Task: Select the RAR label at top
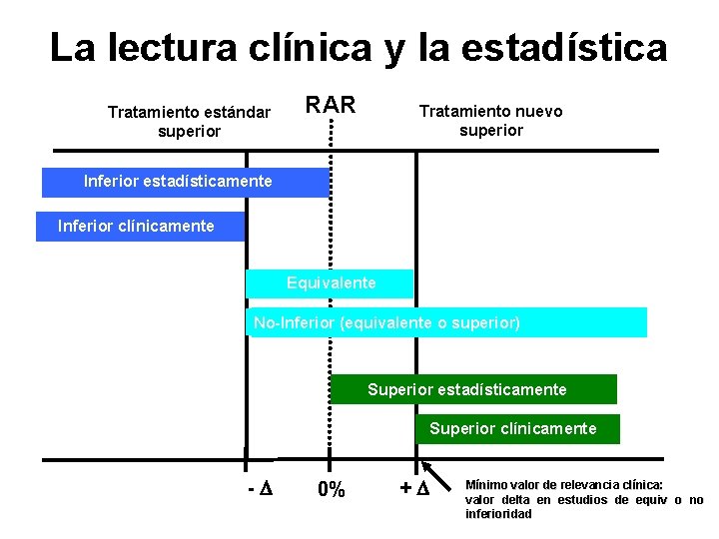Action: click(x=330, y=104)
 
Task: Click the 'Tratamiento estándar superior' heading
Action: click(x=189, y=122)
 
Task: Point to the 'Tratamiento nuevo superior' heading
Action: click(x=490, y=121)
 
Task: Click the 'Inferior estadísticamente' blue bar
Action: click(x=185, y=182)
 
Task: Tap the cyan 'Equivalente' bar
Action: click(x=331, y=283)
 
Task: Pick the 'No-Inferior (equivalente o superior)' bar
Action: click(x=446, y=323)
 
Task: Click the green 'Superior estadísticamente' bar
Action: click(x=472, y=389)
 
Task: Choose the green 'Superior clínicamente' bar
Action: click(x=517, y=429)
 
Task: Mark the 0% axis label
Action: click(x=331, y=489)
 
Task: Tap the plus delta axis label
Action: click(x=413, y=489)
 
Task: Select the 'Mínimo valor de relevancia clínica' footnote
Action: click(x=583, y=499)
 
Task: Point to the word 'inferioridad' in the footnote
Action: click(x=498, y=514)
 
